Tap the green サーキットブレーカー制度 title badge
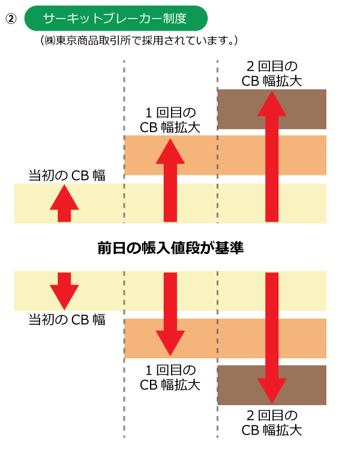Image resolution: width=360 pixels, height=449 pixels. click(115, 19)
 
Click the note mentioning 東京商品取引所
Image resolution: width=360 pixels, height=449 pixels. click(140, 41)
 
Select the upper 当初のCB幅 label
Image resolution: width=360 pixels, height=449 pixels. click(67, 175)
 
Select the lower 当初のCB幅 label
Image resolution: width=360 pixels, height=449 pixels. click(67, 319)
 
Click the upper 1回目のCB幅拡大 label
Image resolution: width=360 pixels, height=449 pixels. click(170, 119)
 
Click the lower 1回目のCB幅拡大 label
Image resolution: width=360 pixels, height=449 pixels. click(170, 376)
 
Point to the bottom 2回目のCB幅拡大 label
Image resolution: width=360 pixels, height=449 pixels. click(271, 423)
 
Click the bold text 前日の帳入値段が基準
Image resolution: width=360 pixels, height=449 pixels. click(170, 247)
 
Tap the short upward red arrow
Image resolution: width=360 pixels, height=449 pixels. click(64, 204)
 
